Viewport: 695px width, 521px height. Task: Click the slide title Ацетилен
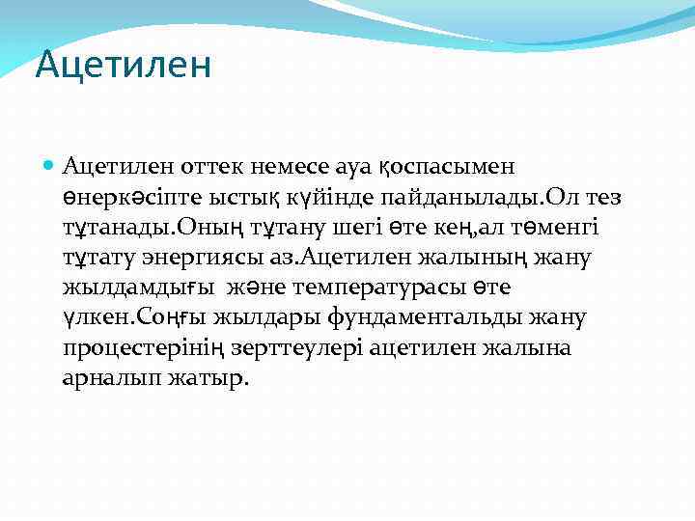coord(123,66)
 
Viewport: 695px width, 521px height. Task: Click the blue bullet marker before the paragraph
coord(49,168)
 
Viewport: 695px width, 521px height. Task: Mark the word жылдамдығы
coord(137,288)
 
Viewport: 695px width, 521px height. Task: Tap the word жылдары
coord(256,317)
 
